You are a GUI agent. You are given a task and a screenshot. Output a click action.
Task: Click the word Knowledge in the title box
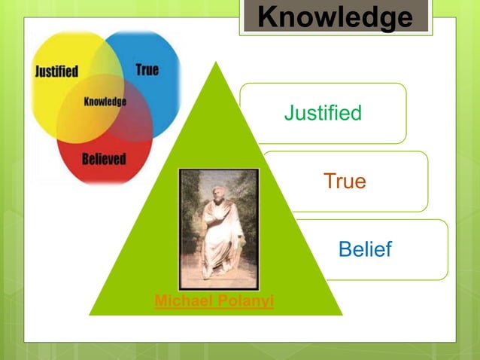(x=336, y=17)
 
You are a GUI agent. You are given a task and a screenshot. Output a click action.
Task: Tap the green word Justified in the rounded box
(x=323, y=114)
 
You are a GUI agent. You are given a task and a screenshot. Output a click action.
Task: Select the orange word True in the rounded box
(x=345, y=182)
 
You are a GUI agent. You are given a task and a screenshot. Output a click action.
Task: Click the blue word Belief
(x=365, y=250)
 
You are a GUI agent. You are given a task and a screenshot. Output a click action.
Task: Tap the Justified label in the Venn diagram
(x=56, y=72)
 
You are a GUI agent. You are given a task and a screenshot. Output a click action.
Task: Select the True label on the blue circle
(x=147, y=70)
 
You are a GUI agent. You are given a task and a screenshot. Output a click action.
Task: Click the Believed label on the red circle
(x=103, y=159)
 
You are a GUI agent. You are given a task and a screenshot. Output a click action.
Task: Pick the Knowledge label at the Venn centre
(x=105, y=102)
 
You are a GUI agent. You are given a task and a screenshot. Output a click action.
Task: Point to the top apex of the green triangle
(x=217, y=63)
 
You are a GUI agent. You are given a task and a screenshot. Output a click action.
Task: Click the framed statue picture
(x=218, y=229)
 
